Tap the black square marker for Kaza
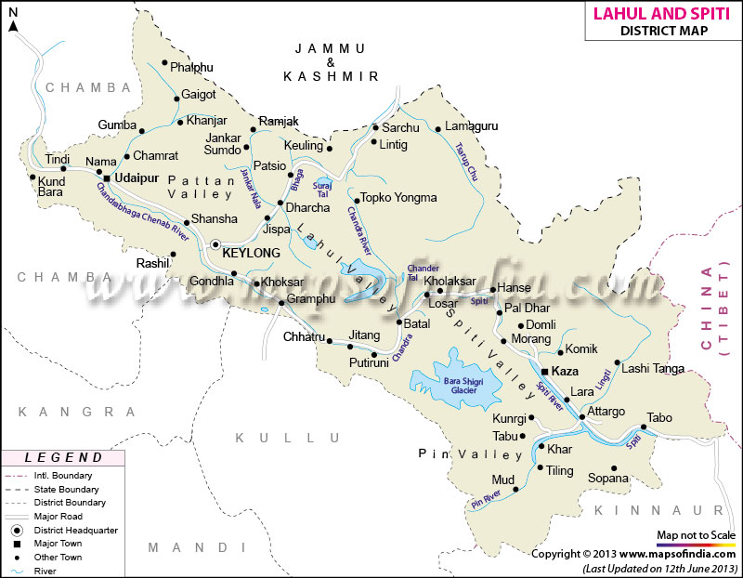pyautogui.click(x=544, y=370)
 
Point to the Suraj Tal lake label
pyautogui.click(x=323, y=188)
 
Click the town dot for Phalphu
pyautogui.click(x=164, y=64)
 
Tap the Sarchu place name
pyautogui.click(x=401, y=127)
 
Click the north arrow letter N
pyautogui.click(x=13, y=25)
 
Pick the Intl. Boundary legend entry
pyautogui.click(x=66, y=475)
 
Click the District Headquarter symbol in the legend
pyautogui.click(x=17, y=529)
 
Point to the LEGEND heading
pyautogui.click(x=64, y=457)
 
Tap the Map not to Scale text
pyautogui.click(x=696, y=535)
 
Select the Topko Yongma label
pyautogui.click(x=399, y=198)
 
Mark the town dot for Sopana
pyautogui.click(x=613, y=468)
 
